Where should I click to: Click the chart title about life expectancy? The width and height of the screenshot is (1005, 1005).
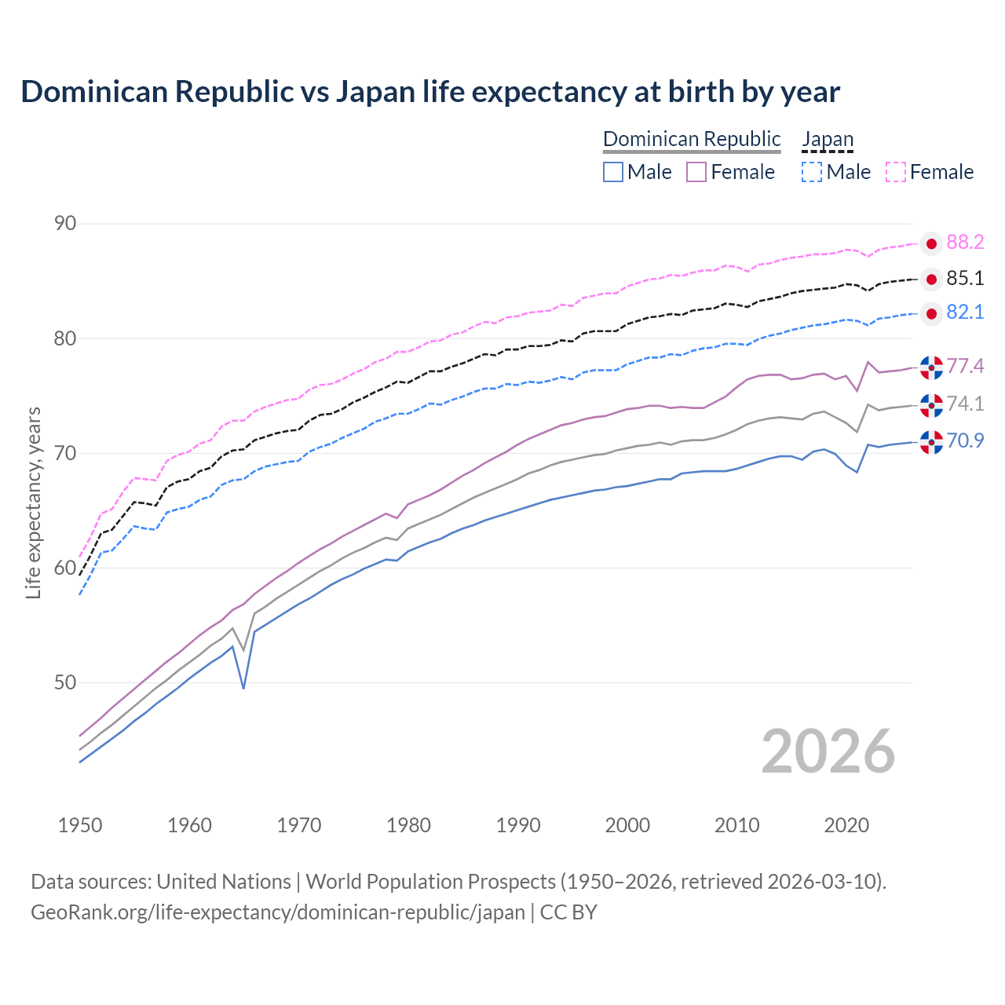(x=430, y=92)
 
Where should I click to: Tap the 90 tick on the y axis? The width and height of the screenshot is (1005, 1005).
(x=65, y=224)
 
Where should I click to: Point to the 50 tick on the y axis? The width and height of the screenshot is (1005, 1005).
(x=65, y=683)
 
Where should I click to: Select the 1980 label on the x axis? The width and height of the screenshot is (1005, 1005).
(x=409, y=825)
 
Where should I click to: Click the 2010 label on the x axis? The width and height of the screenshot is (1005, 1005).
(x=736, y=825)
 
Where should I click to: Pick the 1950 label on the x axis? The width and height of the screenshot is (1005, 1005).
(x=80, y=825)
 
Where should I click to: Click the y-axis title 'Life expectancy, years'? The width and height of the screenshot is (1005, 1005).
(x=34, y=502)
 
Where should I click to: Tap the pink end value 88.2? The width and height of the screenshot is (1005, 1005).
(x=965, y=243)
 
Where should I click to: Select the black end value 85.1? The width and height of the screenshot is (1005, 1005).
(x=965, y=279)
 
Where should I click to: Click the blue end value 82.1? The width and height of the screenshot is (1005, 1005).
(x=965, y=312)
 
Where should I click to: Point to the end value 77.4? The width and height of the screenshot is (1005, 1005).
(x=965, y=367)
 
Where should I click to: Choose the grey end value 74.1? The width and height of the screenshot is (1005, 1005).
(x=965, y=404)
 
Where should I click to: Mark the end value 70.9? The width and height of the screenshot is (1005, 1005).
(x=965, y=441)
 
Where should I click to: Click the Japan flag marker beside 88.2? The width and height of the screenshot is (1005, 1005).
(x=931, y=243)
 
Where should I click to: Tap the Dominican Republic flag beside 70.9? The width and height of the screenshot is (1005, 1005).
(x=931, y=442)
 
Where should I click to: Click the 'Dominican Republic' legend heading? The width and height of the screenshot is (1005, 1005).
(x=692, y=139)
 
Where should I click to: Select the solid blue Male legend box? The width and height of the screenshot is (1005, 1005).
(x=613, y=172)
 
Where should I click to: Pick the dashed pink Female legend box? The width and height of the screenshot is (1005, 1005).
(x=896, y=172)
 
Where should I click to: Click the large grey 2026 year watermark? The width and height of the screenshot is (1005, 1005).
(x=828, y=751)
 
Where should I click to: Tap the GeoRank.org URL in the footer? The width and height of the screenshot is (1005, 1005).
(x=278, y=912)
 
